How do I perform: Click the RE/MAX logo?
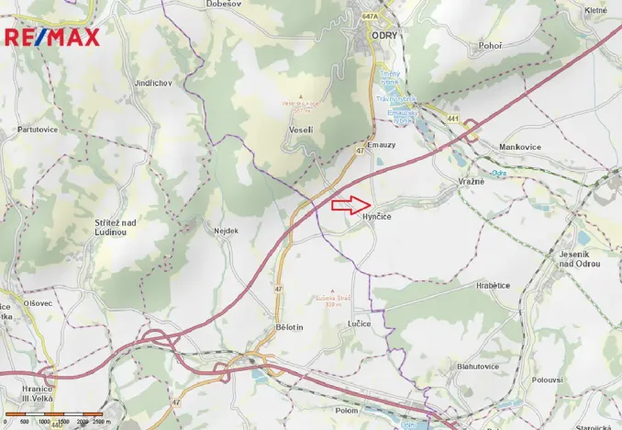(x=52, y=37)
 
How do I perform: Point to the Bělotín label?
(x=289, y=326)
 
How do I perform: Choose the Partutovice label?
(x=38, y=130)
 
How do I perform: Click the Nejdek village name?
(x=226, y=231)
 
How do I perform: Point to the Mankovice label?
(x=521, y=146)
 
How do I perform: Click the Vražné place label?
(x=471, y=182)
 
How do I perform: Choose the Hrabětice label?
(x=493, y=285)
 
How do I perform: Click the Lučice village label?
(x=360, y=324)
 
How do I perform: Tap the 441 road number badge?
(x=453, y=119)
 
